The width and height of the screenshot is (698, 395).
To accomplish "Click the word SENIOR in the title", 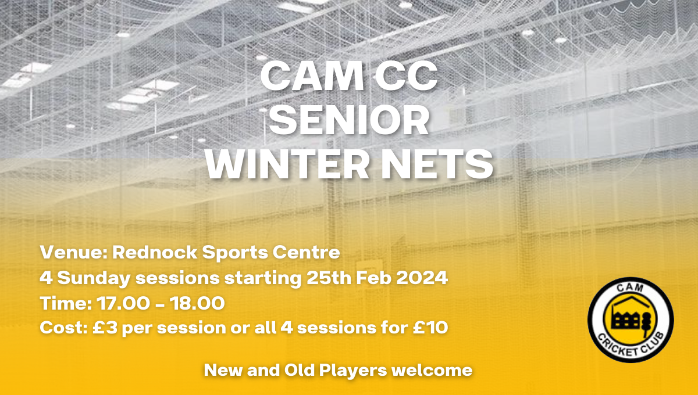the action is point(349,120).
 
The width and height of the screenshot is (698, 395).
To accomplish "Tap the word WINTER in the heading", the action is point(287,164).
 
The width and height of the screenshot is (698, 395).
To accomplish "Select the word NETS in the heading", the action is point(437,164).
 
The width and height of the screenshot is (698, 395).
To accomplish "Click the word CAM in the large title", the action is point(312,76).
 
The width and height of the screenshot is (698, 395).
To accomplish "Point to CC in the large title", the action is point(406,76).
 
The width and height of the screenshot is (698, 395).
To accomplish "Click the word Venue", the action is point(73,252).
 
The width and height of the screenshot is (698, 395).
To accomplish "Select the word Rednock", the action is point(155,252).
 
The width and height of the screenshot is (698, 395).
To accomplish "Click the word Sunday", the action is point(94,278).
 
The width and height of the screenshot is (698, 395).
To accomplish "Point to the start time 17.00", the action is point(123,303).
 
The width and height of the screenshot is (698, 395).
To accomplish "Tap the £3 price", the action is point(105,328).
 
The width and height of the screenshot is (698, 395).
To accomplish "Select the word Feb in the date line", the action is point(373,278).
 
